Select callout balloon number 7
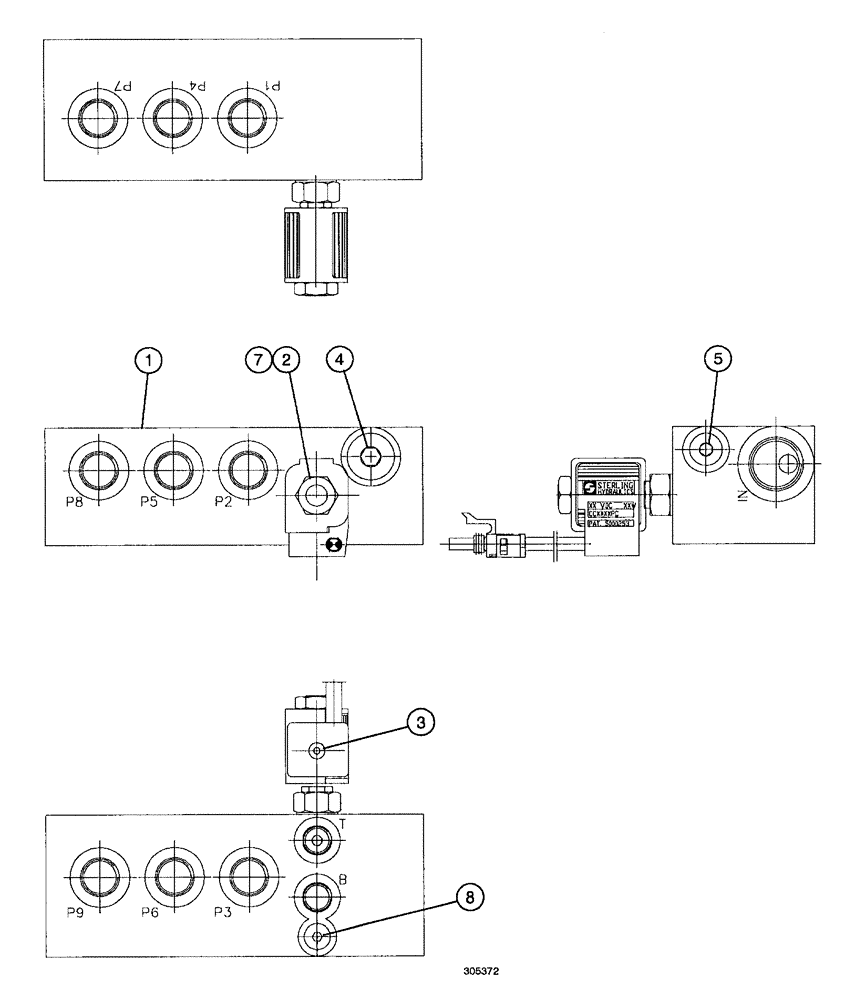click(x=260, y=361)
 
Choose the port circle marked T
click(x=318, y=842)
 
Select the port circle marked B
click(x=318, y=892)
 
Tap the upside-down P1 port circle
click(x=245, y=117)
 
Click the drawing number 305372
click(x=481, y=971)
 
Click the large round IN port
click(x=779, y=464)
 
